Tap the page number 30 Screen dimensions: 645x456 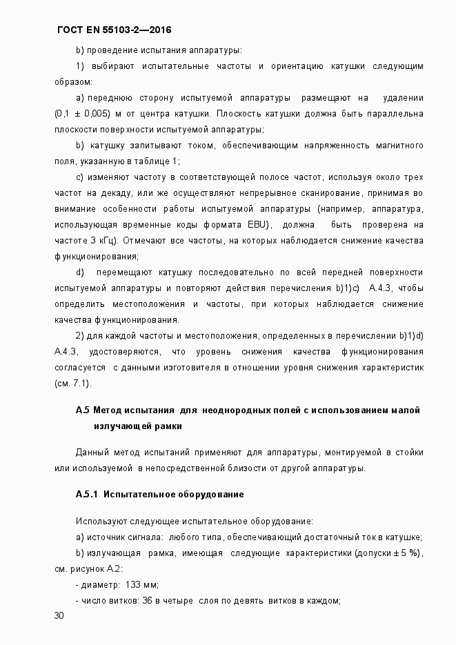pos(59,615)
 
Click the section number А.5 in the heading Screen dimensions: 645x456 pos(82,410)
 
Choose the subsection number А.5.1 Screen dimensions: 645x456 pos(88,495)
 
